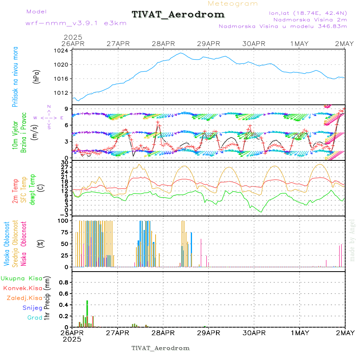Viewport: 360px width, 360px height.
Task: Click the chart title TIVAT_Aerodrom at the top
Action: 178,14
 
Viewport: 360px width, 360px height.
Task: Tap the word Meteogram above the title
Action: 233,4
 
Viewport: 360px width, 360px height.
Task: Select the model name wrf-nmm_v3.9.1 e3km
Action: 76,23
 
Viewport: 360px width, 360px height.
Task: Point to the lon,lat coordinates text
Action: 308,13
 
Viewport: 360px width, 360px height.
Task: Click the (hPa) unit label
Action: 37,76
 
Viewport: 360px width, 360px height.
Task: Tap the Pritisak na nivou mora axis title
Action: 16,77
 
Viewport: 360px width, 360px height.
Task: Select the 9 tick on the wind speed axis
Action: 66,108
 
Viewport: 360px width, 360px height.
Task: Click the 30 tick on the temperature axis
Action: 64,162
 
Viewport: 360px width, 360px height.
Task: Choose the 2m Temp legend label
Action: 16,192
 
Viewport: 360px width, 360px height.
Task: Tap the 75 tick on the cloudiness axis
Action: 63,232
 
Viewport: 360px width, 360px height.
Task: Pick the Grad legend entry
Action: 35,318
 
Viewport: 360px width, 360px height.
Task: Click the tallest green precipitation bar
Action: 87,314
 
